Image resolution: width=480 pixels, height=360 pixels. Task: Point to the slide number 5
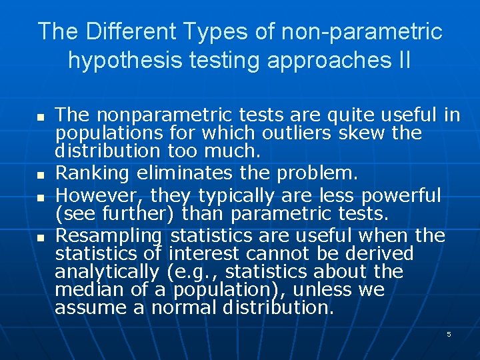(x=449, y=334)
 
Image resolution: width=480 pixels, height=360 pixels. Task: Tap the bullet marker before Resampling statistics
(x=40, y=237)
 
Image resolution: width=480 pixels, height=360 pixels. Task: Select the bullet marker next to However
(x=40, y=198)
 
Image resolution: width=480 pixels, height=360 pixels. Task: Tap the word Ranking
(x=93, y=173)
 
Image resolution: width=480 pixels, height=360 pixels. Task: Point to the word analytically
(x=107, y=272)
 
